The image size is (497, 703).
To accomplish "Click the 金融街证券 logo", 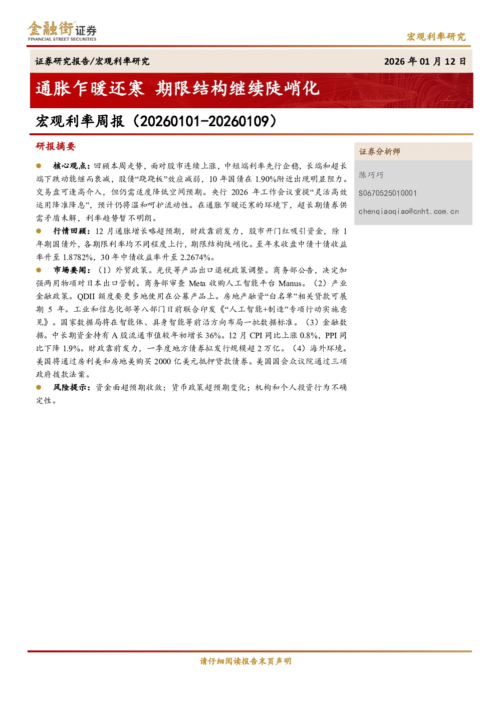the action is point(62,31).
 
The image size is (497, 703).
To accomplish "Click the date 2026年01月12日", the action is point(425,61).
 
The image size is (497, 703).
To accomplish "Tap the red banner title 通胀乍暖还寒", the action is point(90,88).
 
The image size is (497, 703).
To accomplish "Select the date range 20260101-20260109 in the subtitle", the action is point(204,121).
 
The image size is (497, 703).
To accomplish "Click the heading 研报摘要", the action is point(56,146).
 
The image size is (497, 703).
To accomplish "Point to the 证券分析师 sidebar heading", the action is point(380,152).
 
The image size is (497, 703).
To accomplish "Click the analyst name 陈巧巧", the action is point(371,175).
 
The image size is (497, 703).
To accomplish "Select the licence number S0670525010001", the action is point(388,193).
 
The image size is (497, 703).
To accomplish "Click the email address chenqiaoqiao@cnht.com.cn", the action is point(408,211).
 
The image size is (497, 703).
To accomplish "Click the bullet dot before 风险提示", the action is point(39,387).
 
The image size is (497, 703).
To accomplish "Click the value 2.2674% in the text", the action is point(195,258).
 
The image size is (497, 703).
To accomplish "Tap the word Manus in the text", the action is point(290,284).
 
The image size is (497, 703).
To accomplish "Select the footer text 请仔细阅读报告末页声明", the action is point(245,661).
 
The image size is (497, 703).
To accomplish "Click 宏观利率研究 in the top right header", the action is point(436,37).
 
